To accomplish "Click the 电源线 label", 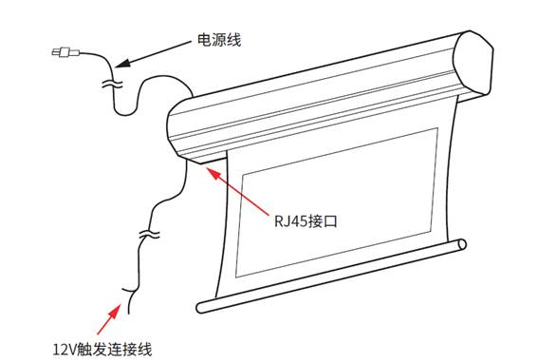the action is pyautogui.click(x=219, y=40).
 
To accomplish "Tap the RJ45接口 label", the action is pyautogui.click(x=306, y=221).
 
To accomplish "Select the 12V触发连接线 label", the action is pyautogui.click(x=102, y=349).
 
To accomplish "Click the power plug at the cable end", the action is pyautogui.click(x=65, y=52).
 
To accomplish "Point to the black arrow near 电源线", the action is pyautogui.click(x=153, y=54).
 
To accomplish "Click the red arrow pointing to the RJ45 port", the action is pyautogui.click(x=238, y=191).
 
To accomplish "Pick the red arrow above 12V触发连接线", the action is pyautogui.click(x=109, y=318).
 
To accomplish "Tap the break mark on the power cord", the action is pyautogui.click(x=112, y=85).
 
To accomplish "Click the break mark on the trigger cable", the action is pyautogui.click(x=149, y=234).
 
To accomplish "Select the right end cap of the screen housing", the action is pyautogui.click(x=473, y=63).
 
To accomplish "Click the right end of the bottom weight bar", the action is pyautogui.click(x=462, y=244).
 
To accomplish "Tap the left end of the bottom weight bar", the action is pyautogui.click(x=202, y=307).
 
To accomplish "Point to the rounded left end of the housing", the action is pyautogui.click(x=176, y=128).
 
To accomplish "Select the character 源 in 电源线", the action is pyautogui.click(x=219, y=40).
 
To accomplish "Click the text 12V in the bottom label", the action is pyautogui.click(x=65, y=350).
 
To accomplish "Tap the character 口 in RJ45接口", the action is pyautogui.click(x=330, y=221).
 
